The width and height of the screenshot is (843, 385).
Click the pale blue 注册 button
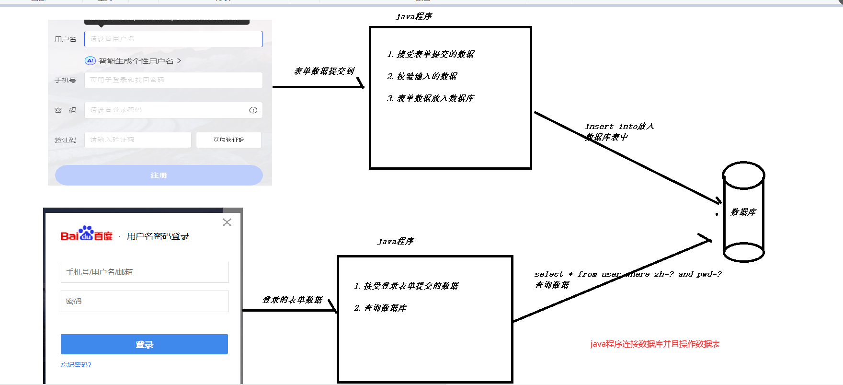tap(159, 175)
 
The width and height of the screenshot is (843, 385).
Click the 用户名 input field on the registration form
tap(173, 39)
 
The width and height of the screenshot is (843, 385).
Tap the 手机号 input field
tap(173, 80)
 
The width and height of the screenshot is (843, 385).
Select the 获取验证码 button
tap(228, 140)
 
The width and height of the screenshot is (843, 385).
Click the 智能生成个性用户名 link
tap(136, 61)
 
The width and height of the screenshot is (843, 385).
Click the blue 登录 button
tap(144, 344)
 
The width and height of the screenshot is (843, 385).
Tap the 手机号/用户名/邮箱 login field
tap(145, 272)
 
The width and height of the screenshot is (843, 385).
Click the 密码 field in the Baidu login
tap(145, 301)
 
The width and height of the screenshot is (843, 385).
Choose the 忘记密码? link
tap(76, 365)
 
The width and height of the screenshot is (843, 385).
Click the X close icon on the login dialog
tap(227, 222)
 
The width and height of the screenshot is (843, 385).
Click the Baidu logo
tap(86, 234)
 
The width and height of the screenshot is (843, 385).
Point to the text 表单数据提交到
tap(324, 71)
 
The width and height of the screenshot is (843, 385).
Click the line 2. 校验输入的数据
tap(422, 76)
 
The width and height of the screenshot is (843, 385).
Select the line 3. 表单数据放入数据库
tap(431, 98)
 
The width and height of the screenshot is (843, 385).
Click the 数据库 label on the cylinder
tap(743, 212)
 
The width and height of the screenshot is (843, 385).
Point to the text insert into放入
tap(619, 126)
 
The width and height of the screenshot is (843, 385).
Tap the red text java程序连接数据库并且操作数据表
tap(655, 344)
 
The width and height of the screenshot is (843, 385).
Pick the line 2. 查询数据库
tap(380, 308)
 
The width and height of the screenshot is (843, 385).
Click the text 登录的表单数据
tap(292, 300)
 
